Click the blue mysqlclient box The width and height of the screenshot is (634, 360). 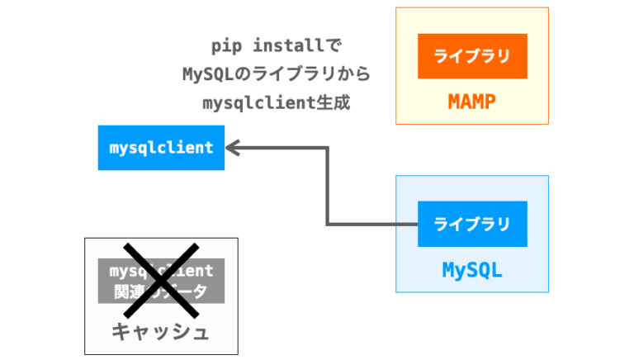[161, 148]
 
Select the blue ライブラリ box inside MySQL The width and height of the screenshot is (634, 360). [472, 224]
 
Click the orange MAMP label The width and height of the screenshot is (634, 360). [472, 102]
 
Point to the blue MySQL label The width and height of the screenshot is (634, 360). [472, 270]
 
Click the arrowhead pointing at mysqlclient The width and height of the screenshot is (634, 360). [233, 148]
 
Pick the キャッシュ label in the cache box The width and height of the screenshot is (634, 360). [161, 332]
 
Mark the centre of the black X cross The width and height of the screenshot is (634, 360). [161, 280]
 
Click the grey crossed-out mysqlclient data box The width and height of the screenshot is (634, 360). [161, 280]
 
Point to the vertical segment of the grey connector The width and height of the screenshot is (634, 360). [328, 186]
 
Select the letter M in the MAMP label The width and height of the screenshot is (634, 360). [454, 102]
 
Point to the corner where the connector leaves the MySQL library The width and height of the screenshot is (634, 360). [329, 224]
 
